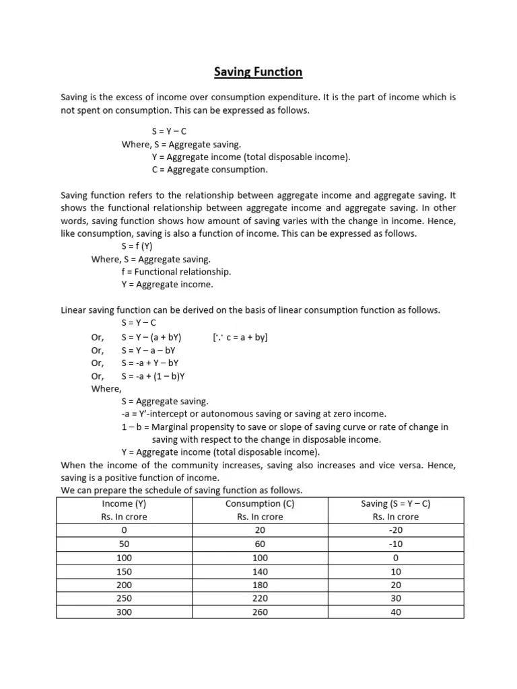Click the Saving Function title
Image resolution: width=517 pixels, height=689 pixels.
(258, 71)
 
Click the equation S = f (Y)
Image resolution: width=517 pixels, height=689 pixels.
(137, 246)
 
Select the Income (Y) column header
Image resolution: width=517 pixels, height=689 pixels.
(123, 503)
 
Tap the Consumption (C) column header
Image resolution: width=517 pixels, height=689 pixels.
(260, 503)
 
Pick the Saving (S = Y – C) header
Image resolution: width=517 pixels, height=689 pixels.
(396, 503)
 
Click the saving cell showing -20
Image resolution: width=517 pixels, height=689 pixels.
(396, 530)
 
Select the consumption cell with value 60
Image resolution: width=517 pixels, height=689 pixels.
(260, 544)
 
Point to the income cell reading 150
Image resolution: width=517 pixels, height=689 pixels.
(123, 571)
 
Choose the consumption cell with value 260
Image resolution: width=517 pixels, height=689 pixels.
(260, 612)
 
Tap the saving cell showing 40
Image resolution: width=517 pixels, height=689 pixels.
(396, 612)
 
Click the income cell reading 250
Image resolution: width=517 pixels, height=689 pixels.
(123, 598)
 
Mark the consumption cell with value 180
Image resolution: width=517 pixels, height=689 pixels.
(260, 585)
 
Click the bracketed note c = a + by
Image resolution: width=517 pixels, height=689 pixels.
(240, 336)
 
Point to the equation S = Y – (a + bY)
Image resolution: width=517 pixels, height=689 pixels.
(151, 336)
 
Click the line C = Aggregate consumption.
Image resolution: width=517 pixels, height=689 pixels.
(209, 170)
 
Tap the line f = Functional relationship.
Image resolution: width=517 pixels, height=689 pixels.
(176, 272)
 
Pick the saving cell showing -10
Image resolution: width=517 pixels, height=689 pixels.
(396, 544)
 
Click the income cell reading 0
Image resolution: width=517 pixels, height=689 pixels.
(123, 530)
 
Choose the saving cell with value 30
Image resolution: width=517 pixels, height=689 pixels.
(396, 598)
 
